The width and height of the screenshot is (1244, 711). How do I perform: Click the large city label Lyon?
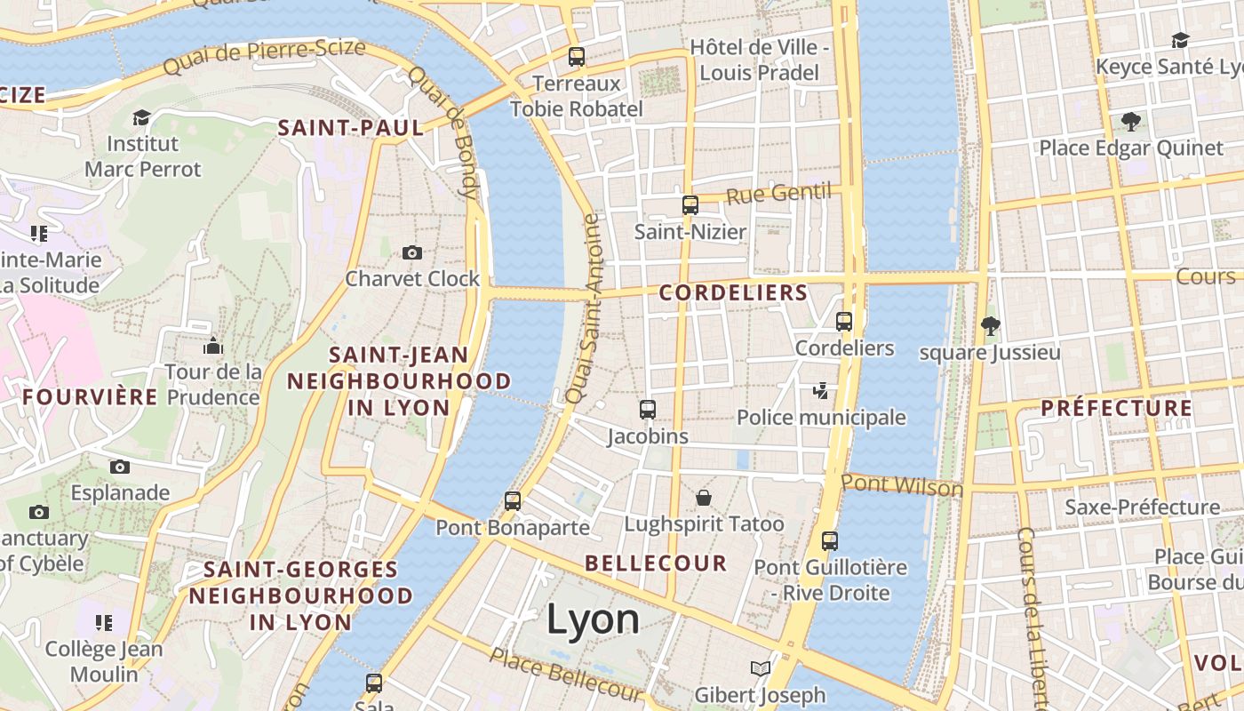593,619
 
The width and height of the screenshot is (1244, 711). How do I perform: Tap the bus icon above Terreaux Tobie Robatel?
577,57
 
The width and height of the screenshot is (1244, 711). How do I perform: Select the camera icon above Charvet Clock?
411,252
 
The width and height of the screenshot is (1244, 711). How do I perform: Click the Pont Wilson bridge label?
901,485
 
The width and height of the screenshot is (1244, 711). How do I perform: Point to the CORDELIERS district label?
733,292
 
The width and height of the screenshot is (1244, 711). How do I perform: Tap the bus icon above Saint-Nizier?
690,205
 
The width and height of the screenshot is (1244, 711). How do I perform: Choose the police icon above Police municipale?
821,390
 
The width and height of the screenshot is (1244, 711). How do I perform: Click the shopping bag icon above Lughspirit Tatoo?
704,497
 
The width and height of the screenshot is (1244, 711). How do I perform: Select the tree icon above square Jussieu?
990,325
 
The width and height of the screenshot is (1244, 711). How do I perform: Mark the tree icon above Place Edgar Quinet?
1130,121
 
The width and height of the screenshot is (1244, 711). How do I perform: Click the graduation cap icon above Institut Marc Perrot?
142,117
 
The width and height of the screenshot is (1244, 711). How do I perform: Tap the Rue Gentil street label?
777,194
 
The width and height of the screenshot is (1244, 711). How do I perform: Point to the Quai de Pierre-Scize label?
265,55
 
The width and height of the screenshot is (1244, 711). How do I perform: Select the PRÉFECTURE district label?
1116,408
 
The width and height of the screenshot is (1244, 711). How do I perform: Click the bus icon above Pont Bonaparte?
513,500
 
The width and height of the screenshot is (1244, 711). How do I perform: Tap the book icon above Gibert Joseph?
760,668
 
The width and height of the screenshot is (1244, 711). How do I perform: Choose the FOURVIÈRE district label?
90,396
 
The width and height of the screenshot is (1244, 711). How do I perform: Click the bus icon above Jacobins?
648,410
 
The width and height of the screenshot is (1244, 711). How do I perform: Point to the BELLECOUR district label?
656,563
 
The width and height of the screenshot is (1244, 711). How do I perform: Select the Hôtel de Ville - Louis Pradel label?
760,60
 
